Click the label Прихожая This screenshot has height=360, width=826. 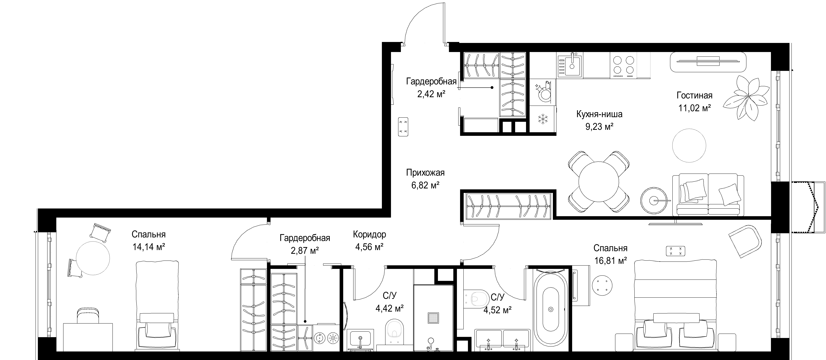(425, 173)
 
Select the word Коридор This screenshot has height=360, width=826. (369, 234)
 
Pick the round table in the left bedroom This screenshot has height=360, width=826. (93, 258)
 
